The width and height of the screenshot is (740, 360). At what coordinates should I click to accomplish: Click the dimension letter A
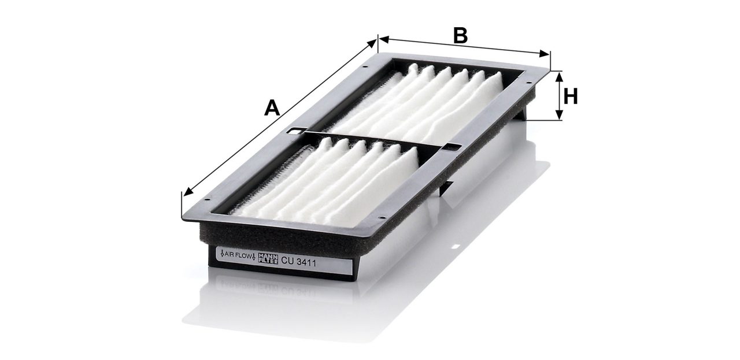click(272, 107)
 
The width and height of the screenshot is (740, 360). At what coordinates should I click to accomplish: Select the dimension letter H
click(571, 97)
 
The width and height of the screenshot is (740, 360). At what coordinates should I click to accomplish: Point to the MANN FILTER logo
click(268, 258)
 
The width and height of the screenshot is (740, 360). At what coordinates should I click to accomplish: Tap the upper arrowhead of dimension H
click(559, 77)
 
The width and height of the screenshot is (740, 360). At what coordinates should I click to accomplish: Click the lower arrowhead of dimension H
click(559, 114)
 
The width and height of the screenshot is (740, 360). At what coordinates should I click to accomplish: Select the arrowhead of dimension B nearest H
click(545, 54)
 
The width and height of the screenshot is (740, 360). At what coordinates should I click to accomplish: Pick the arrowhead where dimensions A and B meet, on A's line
click(372, 44)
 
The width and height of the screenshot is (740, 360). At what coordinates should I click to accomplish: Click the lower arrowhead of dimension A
click(188, 192)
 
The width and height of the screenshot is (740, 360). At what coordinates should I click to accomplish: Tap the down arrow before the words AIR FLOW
click(223, 254)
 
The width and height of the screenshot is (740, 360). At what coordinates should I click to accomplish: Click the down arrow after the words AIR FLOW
click(254, 257)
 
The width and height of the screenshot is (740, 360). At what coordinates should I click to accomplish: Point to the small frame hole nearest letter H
click(528, 83)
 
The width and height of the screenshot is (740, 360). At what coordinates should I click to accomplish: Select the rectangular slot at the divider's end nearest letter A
click(295, 131)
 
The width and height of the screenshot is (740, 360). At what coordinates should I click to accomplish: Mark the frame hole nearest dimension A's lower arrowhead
click(207, 199)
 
